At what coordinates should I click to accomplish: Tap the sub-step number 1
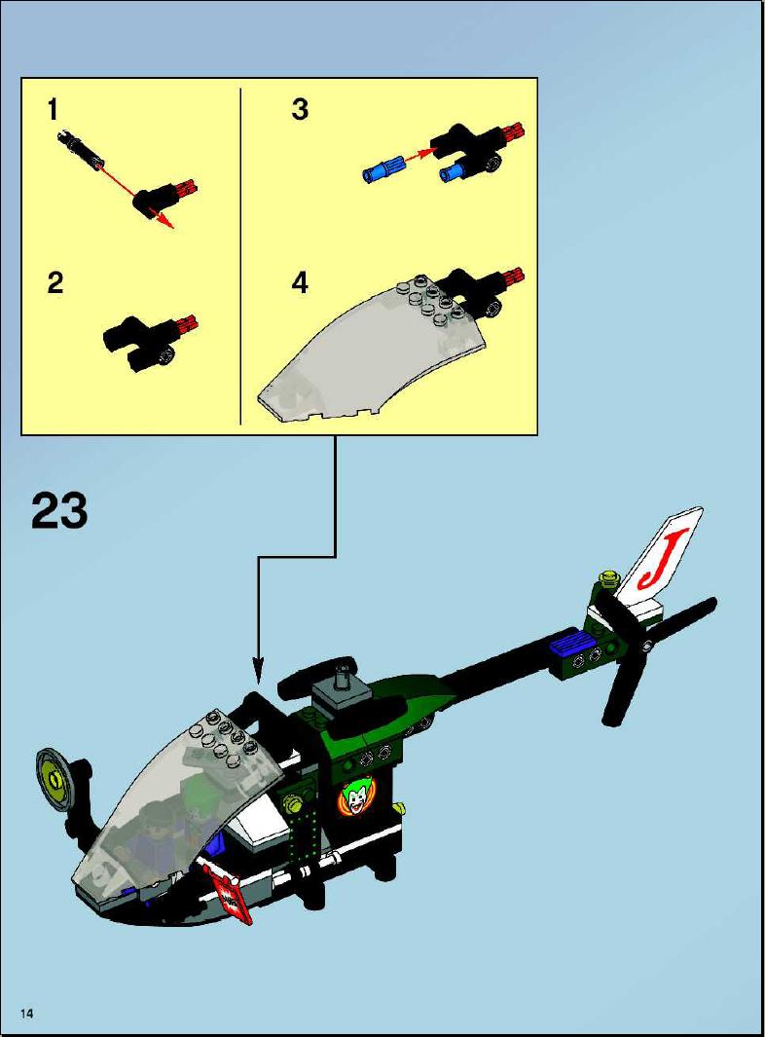click(x=54, y=110)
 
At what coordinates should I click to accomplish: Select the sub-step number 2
click(x=55, y=283)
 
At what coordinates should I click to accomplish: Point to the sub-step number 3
click(x=300, y=110)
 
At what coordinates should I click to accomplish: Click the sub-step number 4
click(x=300, y=283)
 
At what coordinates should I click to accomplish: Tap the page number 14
click(x=27, y=1014)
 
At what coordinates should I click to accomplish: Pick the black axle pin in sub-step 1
click(x=82, y=149)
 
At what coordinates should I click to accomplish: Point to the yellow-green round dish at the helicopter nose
click(x=53, y=778)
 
